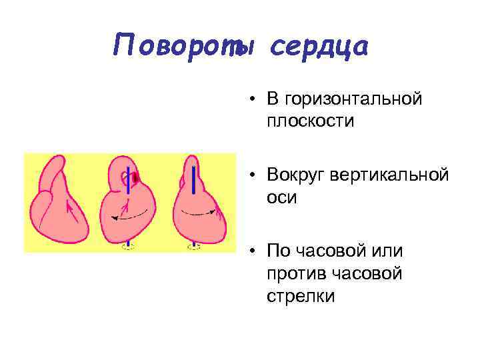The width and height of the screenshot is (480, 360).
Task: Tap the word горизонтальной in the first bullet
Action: (353, 99)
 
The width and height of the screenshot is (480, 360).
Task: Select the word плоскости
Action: (310, 121)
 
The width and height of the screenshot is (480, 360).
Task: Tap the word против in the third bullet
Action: (292, 273)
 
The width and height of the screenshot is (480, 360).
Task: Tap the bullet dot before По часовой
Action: (254, 252)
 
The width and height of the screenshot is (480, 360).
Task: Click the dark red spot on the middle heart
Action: (135, 178)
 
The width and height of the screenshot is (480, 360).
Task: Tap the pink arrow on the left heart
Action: (69, 211)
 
